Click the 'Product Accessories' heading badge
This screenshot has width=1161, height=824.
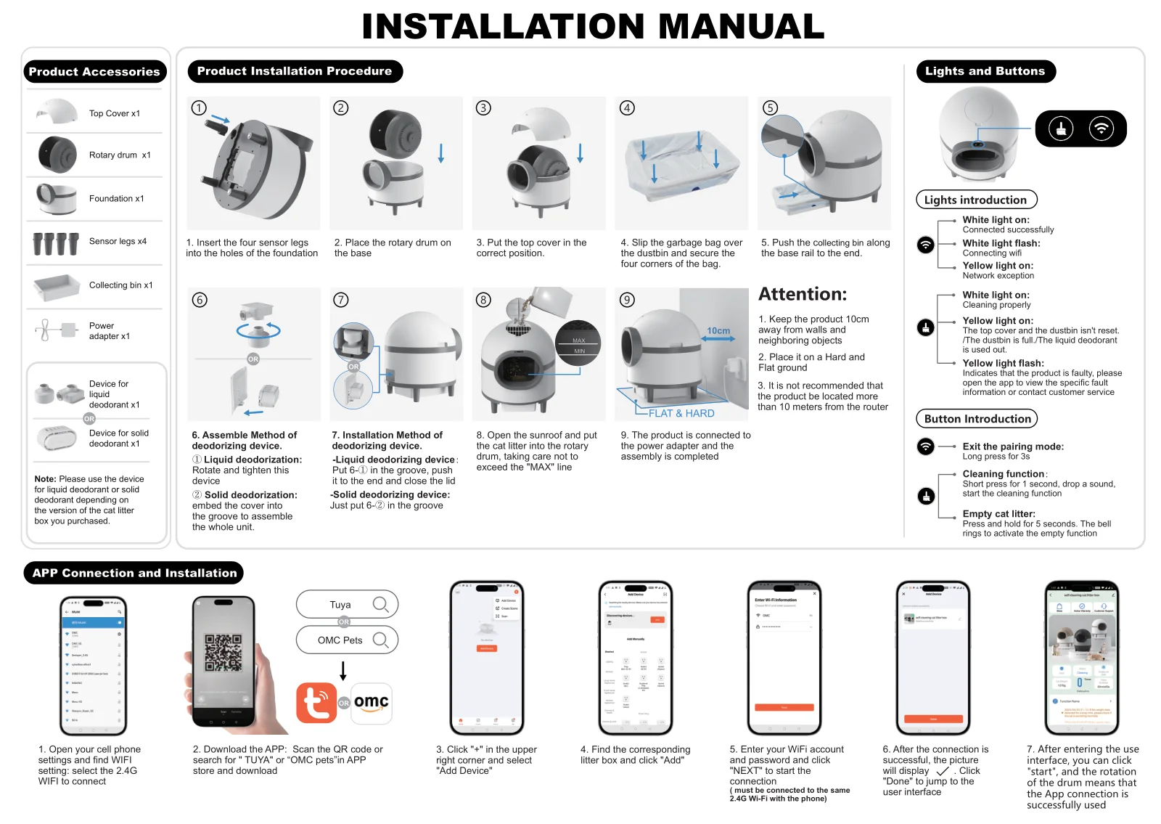point(94,72)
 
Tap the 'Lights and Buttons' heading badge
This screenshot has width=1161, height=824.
point(985,71)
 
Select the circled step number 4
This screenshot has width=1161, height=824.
point(627,108)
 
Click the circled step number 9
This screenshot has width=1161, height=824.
point(627,300)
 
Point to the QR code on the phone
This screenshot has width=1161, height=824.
point(223,652)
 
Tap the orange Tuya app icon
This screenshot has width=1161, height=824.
point(316,702)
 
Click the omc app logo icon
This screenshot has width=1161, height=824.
point(372,703)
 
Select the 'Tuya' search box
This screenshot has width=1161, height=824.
point(347,604)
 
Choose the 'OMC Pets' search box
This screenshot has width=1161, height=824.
point(347,640)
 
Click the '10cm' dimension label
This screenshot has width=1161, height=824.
point(718,331)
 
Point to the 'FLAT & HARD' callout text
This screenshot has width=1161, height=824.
point(681,413)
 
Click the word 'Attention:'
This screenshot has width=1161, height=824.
point(803,294)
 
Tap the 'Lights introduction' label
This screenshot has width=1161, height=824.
point(975,200)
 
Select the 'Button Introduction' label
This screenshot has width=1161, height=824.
point(977,419)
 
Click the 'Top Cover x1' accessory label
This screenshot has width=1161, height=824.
point(115,113)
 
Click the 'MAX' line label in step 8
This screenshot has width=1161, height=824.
point(578,340)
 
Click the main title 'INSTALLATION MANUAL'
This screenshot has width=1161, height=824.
point(592,27)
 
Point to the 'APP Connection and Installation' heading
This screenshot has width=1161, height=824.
point(134,573)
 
